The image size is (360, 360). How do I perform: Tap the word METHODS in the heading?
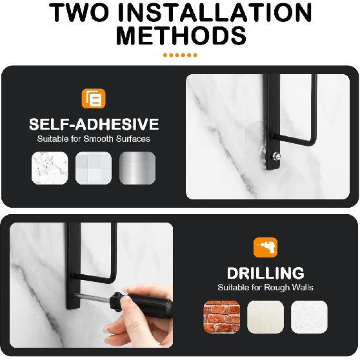click(180, 37)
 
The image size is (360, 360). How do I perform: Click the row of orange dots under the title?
click(180, 55)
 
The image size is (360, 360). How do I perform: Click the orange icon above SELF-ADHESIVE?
click(93, 100)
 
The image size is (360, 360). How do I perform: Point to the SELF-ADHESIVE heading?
click(93, 125)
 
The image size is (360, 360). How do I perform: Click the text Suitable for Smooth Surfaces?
click(93, 139)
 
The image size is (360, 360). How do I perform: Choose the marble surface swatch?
click(49, 169)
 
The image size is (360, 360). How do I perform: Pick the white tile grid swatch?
click(93, 169)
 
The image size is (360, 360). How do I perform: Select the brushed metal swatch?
click(137, 169)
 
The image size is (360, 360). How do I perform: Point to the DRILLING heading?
click(266, 274)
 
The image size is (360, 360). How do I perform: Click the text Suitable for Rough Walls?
click(266, 288)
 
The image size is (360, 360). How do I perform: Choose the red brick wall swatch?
click(221, 317)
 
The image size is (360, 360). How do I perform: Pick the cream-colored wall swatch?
click(265, 317)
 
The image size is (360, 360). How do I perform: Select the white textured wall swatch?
click(309, 317)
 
